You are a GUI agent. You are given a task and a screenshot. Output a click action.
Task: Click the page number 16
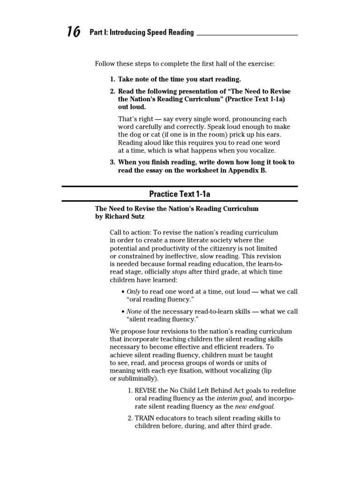pyautogui.click(x=73, y=32)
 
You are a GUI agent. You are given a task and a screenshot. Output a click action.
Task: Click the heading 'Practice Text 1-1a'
pyautogui.click(x=180, y=194)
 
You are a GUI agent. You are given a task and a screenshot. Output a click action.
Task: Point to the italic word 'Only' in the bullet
pyautogui.click(x=134, y=292)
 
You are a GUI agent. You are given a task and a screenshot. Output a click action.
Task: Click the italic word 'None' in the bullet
pyautogui.click(x=134, y=311)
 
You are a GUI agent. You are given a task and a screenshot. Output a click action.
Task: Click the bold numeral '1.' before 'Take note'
pyautogui.click(x=113, y=79)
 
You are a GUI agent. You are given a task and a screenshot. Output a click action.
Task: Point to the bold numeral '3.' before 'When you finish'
pyautogui.click(x=113, y=162)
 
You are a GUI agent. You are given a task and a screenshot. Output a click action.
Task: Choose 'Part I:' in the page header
pyautogui.click(x=99, y=32)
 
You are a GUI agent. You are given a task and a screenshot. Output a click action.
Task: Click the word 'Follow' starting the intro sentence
pyautogui.click(x=105, y=63)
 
